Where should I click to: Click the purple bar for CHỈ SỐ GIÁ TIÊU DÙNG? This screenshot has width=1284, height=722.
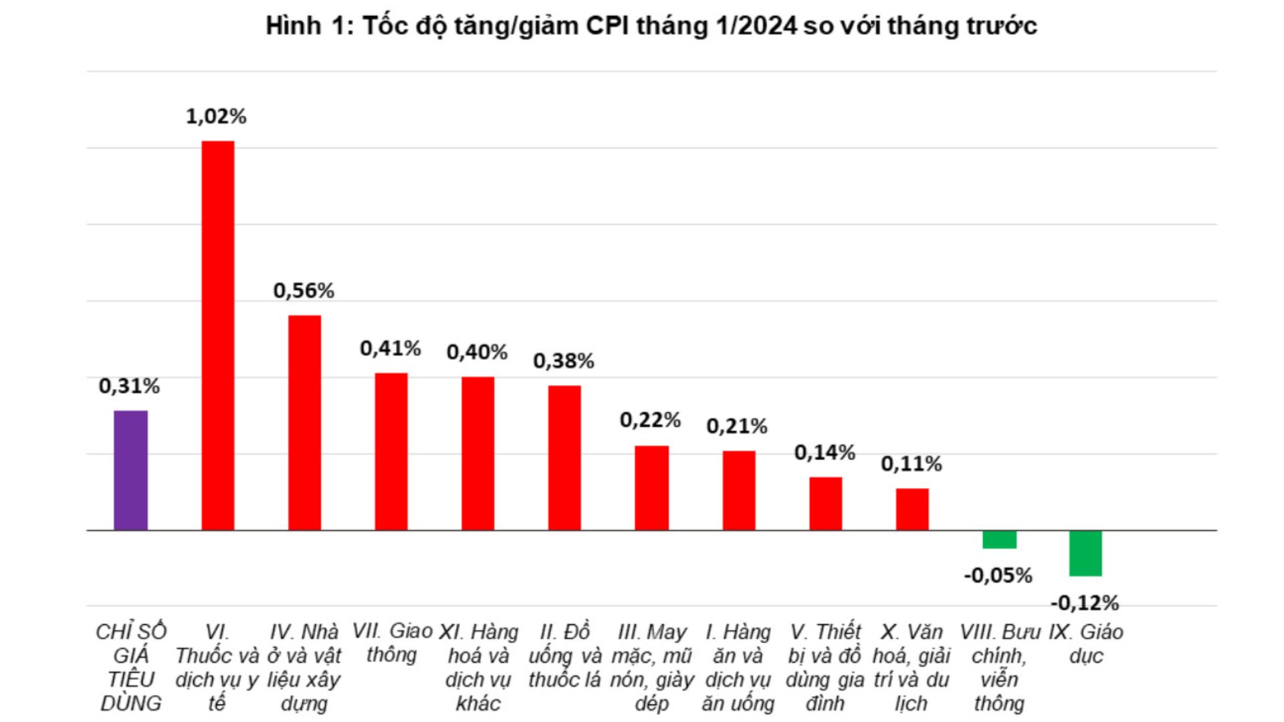click(x=130, y=470)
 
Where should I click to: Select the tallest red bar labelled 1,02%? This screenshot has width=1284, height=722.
click(x=218, y=336)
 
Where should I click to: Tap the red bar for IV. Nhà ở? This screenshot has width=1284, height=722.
click(x=304, y=423)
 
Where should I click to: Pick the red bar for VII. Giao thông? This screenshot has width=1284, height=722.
click(x=391, y=451)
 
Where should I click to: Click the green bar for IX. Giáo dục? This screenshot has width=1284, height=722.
click(x=1085, y=553)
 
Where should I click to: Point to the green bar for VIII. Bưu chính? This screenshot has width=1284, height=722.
click(x=999, y=539)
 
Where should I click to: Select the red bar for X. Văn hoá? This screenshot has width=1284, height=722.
click(x=912, y=509)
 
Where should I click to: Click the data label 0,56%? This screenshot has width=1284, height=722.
click(x=304, y=291)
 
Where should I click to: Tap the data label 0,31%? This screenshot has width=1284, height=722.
click(x=129, y=386)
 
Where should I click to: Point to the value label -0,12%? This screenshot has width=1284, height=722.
click(x=1085, y=603)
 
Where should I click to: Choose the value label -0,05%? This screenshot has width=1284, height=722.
click(x=998, y=575)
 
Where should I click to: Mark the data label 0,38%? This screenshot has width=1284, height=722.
click(x=564, y=361)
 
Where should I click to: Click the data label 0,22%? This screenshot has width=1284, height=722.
click(x=650, y=420)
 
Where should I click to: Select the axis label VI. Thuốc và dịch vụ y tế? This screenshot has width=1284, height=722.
click(x=217, y=667)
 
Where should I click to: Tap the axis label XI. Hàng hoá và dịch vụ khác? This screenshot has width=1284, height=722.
click(x=478, y=667)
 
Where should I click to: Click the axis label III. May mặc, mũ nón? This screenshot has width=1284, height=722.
click(x=652, y=667)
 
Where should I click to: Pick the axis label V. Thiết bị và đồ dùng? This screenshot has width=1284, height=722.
click(x=825, y=667)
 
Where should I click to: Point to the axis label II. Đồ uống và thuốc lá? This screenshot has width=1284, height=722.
click(x=565, y=656)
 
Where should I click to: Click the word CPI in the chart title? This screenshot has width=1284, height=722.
click(x=607, y=26)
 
